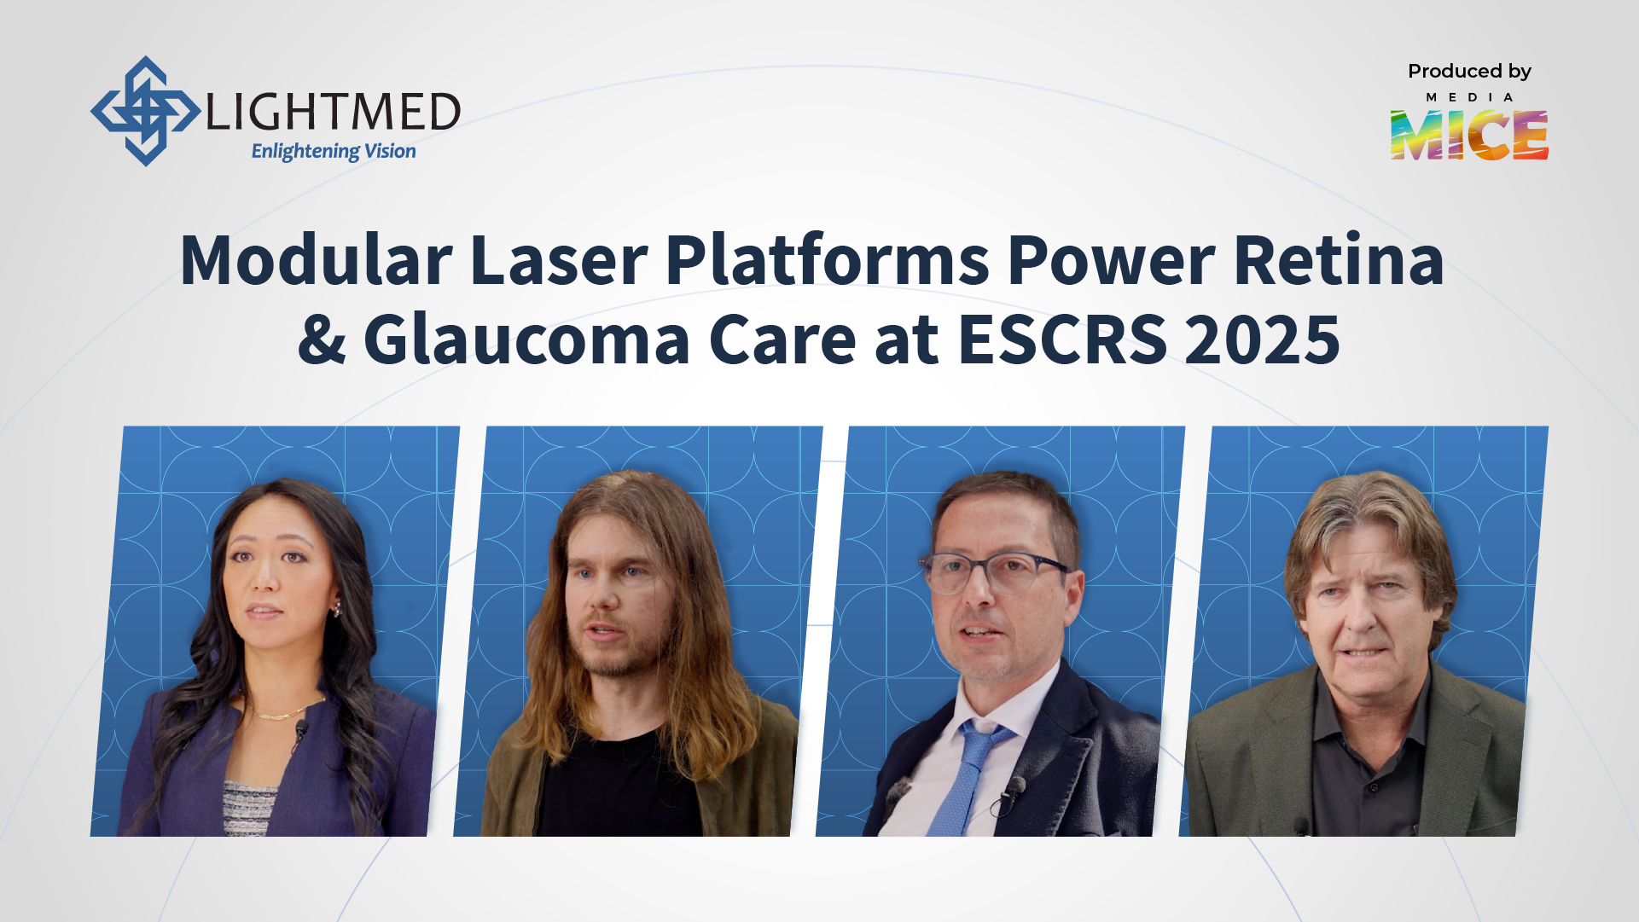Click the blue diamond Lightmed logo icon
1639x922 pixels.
[145, 111]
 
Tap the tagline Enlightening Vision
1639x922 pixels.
[334, 152]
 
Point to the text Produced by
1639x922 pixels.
[1469, 72]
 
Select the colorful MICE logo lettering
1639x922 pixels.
[1468, 135]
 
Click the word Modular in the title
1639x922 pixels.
[316, 260]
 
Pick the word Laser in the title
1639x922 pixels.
[559, 260]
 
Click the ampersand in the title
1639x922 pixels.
[322, 339]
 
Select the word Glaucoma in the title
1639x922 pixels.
[526, 339]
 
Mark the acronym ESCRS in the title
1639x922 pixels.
[1062, 339]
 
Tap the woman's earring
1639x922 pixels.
[337, 608]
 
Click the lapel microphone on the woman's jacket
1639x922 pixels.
[301, 728]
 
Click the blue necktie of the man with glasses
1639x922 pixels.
[964, 776]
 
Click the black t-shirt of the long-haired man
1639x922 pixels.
[619, 785]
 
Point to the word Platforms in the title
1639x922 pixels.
[827, 260]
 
